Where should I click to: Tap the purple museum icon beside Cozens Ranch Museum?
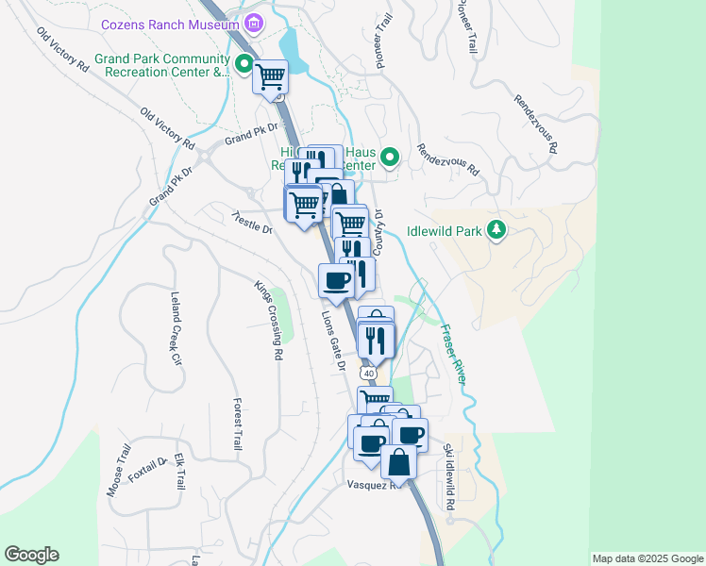coord(252,24)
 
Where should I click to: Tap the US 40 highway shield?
coord(369,374)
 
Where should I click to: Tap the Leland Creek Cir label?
coord(175,327)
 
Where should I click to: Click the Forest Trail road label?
coord(237,424)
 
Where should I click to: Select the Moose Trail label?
coord(117,471)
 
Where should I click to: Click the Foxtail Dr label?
coord(148,469)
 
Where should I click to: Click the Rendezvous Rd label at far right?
coord(535,123)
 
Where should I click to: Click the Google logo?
coord(31,555)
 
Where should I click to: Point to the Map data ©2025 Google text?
coord(647,558)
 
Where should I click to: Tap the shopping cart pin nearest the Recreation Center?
coord(271,76)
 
